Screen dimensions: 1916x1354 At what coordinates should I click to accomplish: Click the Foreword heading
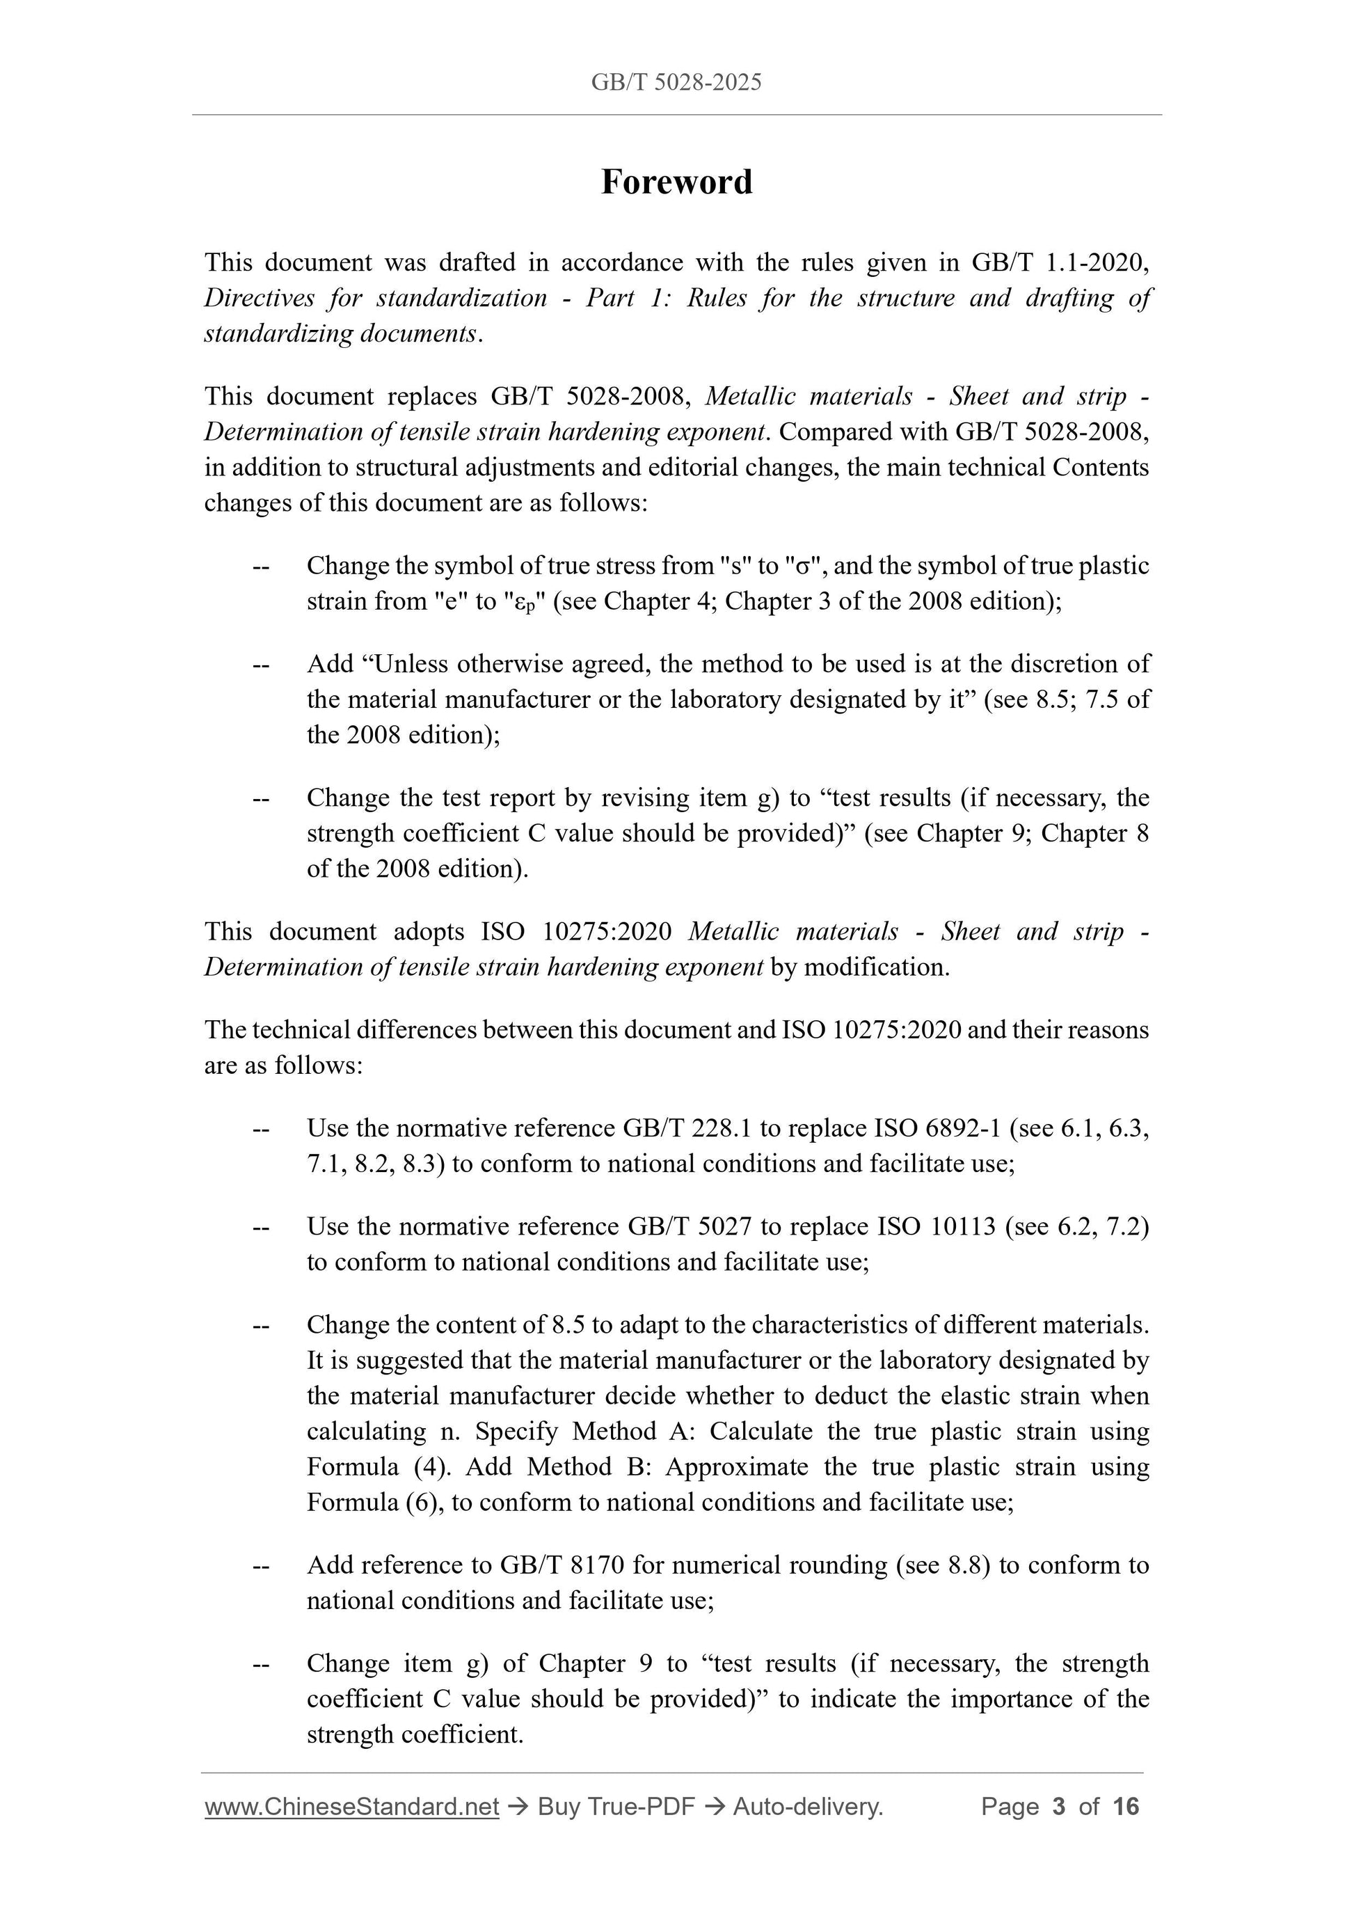pyautogui.click(x=676, y=182)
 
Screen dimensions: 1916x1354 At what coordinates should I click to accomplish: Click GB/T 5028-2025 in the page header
pyautogui.click(x=676, y=82)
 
